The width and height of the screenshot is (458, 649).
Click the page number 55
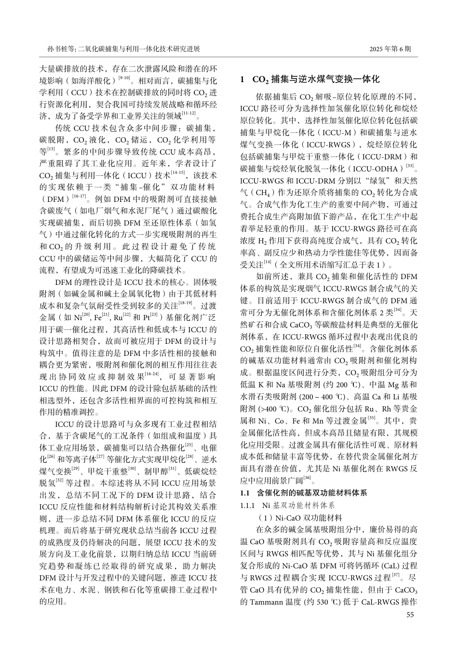click(410, 615)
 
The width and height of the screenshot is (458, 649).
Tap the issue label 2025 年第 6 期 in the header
click(391, 49)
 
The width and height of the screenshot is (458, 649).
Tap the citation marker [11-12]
click(189, 113)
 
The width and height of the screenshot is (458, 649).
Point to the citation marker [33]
click(410, 165)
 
